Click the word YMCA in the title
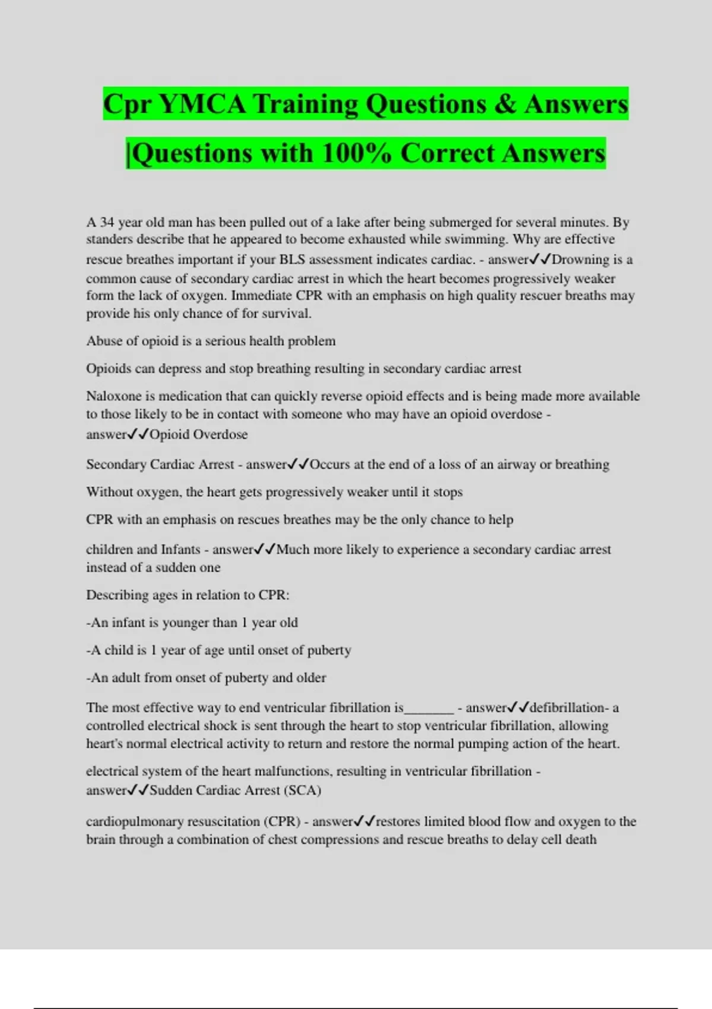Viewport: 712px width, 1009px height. coord(202,104)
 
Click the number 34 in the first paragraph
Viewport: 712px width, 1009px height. coord(107,223)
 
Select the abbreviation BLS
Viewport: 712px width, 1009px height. coord(292,259)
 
